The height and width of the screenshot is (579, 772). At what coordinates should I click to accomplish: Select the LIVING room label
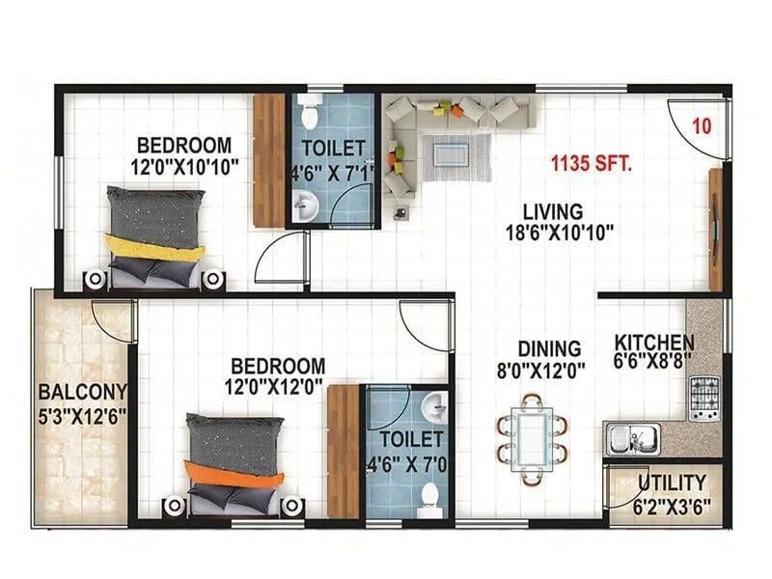pos(553,210)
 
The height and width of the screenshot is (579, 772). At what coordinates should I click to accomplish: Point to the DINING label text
pos(548,348)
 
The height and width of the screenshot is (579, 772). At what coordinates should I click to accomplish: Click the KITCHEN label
pos(654,342)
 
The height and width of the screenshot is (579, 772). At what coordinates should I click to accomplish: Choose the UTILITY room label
pos(672,482)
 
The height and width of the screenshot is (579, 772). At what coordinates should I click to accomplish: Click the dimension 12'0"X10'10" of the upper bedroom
pos(184,165)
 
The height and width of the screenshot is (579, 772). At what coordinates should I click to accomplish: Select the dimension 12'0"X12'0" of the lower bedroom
pos(278,386)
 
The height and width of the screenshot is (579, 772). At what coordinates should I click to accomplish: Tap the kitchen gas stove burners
pos(703,398)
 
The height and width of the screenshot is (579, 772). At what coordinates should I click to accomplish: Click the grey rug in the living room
pos(456,156)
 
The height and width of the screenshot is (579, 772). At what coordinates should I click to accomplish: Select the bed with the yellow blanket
pos(154,236)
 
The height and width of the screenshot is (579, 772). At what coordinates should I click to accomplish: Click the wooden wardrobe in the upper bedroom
pos(269,160)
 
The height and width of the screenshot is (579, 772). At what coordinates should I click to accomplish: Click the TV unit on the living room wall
pos(714,230)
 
